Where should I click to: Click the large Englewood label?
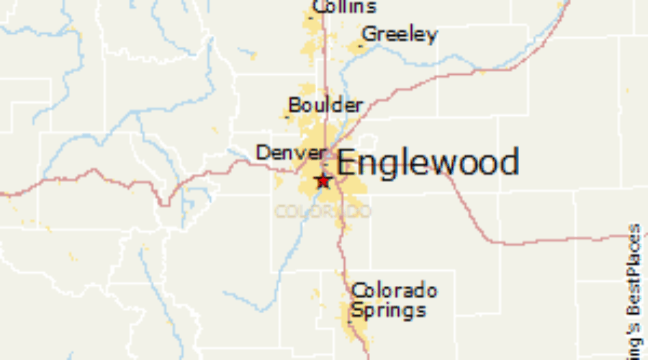428,163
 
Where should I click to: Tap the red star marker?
323,180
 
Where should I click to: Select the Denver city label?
291,153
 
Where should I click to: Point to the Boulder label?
325,105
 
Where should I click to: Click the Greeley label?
400,35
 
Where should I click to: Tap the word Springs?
387,311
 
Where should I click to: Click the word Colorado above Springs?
394,291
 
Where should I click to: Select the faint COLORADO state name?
323,212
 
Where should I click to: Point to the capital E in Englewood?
346,163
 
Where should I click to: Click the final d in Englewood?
509,163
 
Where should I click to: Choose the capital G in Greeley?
369,34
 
